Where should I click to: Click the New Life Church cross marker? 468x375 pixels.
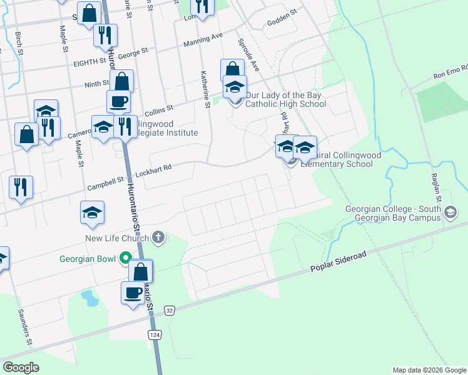pyautogui.click(x=158, y=237)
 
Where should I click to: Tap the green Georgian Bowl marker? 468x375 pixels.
pyautogui.click(x=125, y=257)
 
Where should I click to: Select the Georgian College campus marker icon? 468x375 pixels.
pyautogui.click(x=449, y=213)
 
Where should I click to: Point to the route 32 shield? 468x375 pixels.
pyautogui.click(x=169, y=310)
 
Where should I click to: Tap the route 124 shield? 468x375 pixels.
pyautogui.click(x=155, y=334)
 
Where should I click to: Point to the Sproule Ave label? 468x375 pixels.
pyautogui.click(x=247, y=55)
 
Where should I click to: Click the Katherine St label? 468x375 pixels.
pyautogui.click(x=204, y=89)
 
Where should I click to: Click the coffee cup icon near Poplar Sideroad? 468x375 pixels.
pyautogui.click(x=133, y=292)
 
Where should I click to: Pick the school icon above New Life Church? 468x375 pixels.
pyautogui.click(x=92, y=212)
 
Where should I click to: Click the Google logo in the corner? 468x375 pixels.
pyautogui.click(x=21, y=367)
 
